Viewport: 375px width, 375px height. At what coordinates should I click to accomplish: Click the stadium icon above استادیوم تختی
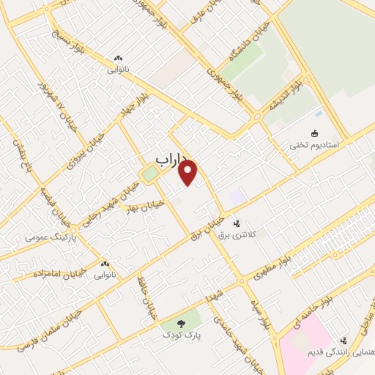point(316,133)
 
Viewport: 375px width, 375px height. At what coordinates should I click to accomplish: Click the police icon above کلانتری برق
point(236,223)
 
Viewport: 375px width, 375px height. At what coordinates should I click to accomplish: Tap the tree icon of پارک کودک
point(180,322)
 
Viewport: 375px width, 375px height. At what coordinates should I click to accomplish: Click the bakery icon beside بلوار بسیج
point(119,59)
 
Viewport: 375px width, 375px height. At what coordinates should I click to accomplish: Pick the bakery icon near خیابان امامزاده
point(105,264)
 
